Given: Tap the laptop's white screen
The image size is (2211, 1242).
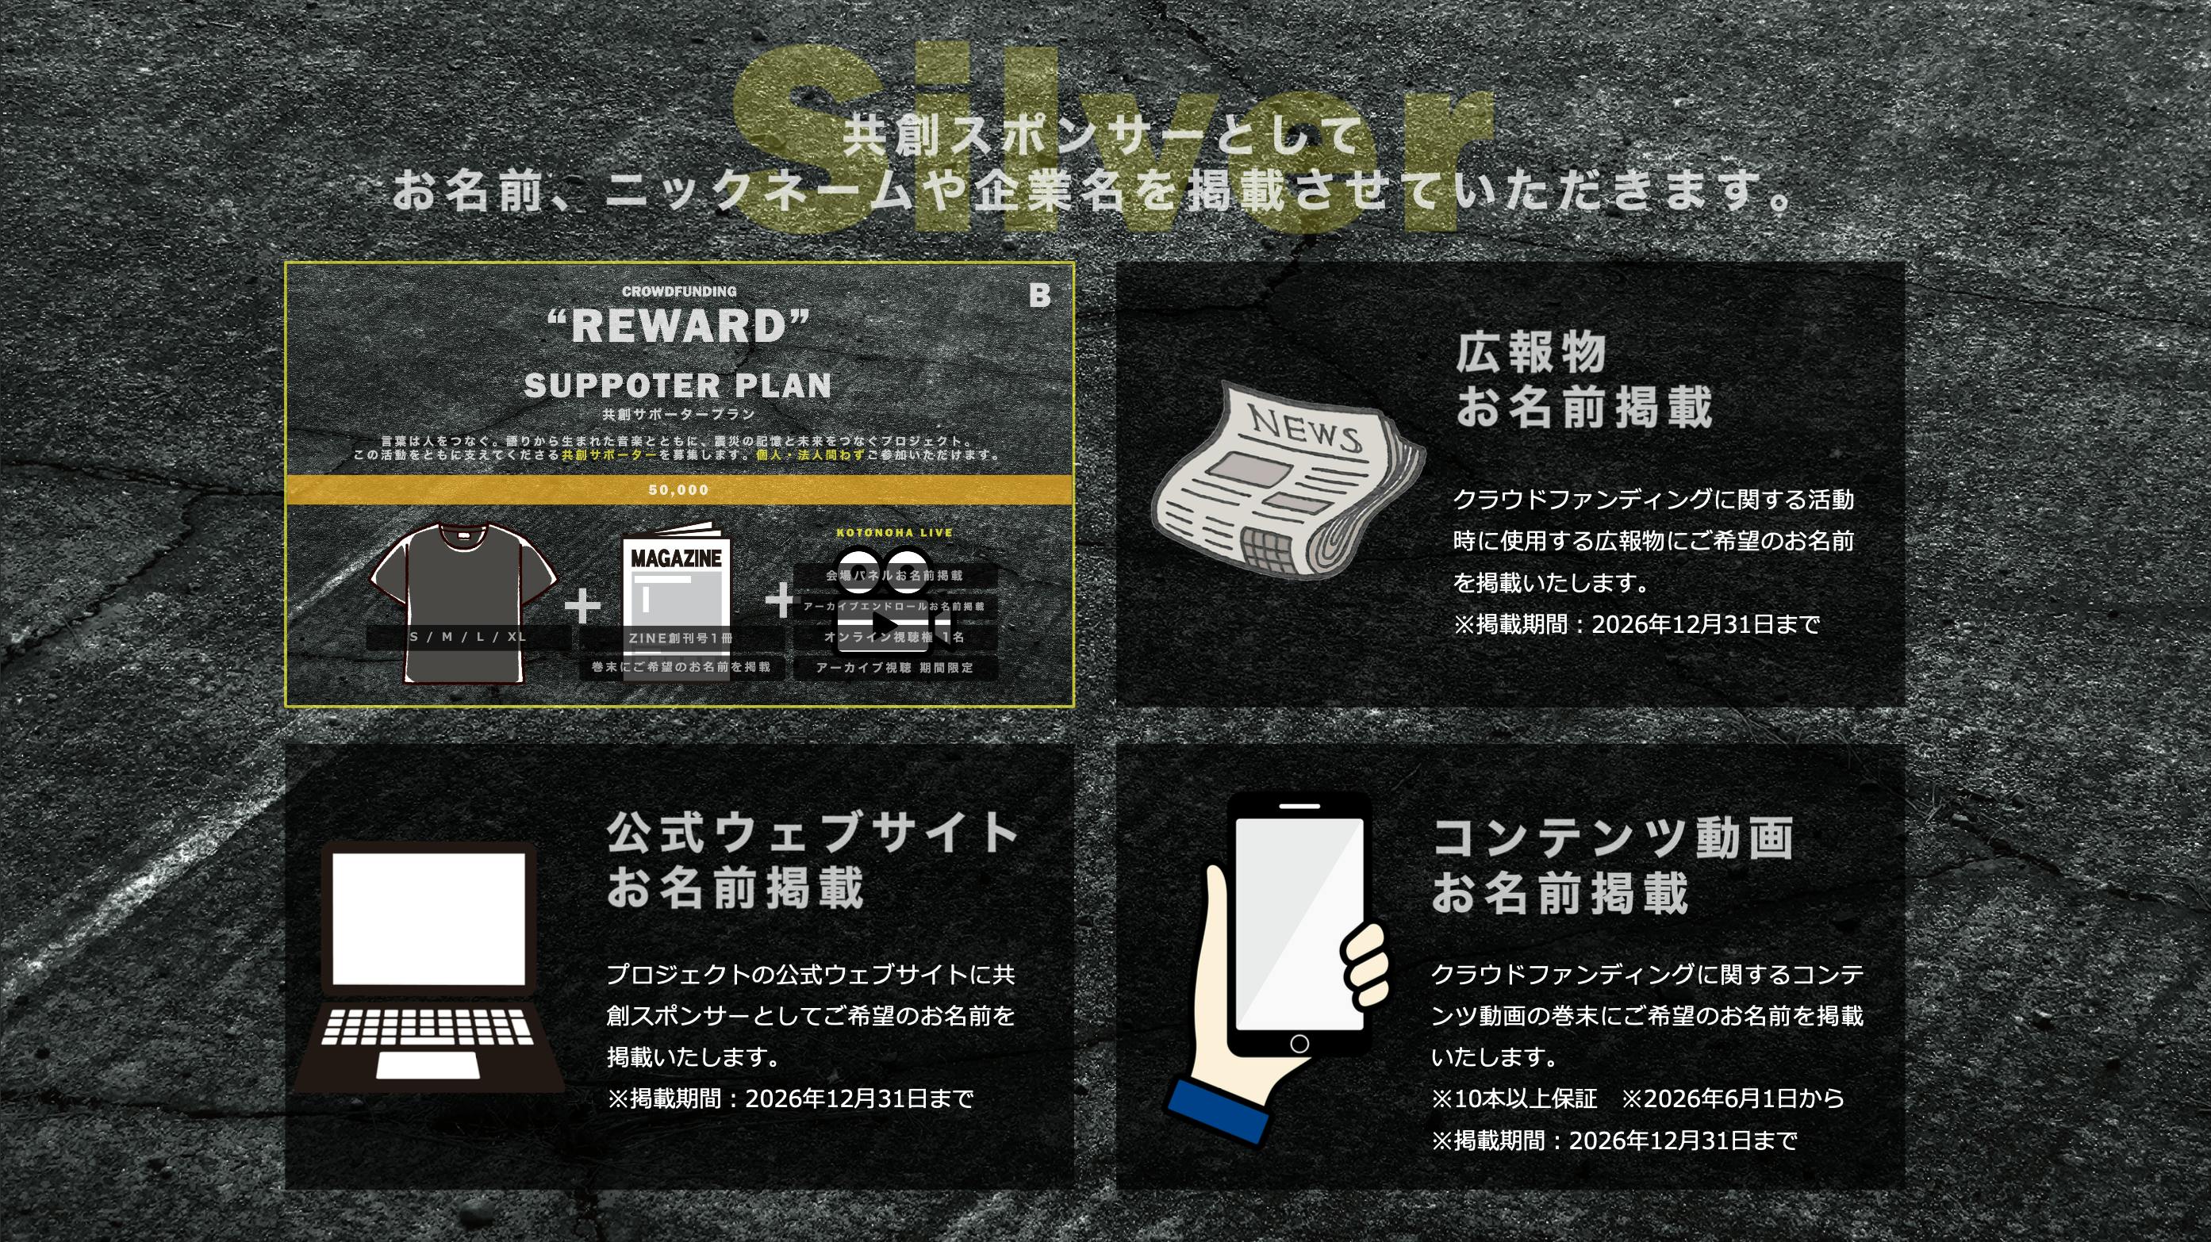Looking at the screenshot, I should [x=428, y=918].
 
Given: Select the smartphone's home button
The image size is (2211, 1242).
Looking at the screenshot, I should [x=1299, y=1044].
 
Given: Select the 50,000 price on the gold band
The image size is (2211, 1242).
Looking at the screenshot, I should [x=678, y=490].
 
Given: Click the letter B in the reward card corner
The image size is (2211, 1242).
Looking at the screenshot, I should [x=1039, y=296].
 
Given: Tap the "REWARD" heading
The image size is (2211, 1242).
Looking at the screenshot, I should [x=678, y=327].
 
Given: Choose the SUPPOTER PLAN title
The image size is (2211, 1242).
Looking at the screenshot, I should [x=678, y=386].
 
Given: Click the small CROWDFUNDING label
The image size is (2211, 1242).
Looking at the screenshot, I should [x=679, y=292].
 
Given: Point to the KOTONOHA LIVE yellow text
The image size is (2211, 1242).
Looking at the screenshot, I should [x=894, y=533].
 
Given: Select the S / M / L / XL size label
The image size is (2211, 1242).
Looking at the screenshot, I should [x=468, y=637].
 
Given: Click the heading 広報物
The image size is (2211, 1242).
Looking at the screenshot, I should [x=1531, y=353].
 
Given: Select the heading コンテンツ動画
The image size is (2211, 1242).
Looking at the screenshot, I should [x=1613, y=838].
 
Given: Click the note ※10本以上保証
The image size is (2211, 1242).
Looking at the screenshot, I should [x=1514, y=1098].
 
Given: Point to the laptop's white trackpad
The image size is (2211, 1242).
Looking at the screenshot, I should [x=428, y=1065].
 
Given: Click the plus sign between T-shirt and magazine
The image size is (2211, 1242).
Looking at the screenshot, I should [x=583, y=605].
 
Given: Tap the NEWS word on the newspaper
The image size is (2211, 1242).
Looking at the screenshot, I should [x=1305, y=427].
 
